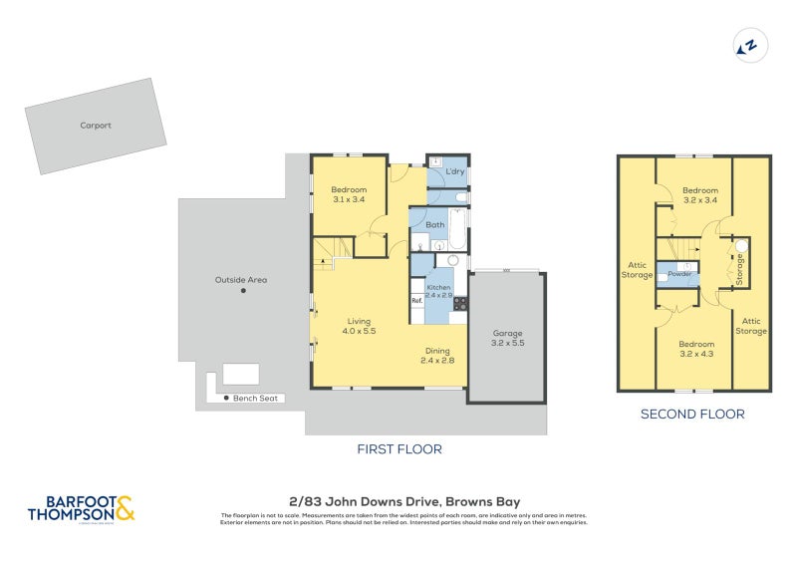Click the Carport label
tap(96, 127)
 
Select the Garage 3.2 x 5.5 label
tap(507, 338)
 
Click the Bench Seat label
tap(257, 399)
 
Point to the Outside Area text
tap(240, 280)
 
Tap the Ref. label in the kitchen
tap(416, 300)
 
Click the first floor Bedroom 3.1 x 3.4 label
tap(349, 194)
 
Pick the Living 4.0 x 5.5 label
tap(359, 326)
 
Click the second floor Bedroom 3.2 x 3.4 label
tap(699, 194)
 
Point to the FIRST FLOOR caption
tap(399, 449)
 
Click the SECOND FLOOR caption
tap(691, 415)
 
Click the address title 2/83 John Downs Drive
tap(398, 501)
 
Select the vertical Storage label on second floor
tap(740, 270)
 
